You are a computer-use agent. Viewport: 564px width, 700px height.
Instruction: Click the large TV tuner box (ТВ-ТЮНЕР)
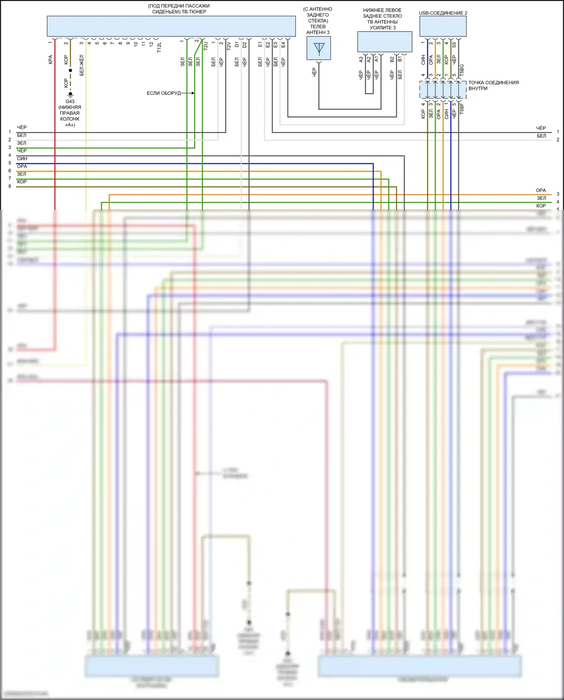[171, 26]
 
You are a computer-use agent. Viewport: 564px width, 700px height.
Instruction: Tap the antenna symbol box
[318, 48]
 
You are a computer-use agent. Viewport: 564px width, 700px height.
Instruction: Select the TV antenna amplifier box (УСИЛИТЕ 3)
[384, 41]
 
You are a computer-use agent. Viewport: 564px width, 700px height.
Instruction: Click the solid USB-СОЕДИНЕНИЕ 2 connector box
[443, 26]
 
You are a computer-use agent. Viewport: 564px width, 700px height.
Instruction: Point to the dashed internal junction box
[443, 90]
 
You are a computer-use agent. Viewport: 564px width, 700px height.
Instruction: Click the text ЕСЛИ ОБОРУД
[164, 93]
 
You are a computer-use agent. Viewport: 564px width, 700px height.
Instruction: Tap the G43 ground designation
[70, 102]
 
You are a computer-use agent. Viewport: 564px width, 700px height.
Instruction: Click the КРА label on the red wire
[50, 60]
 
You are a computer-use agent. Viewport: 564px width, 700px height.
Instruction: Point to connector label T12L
[159, 47]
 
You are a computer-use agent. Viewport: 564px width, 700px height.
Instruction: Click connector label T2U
[206, 46]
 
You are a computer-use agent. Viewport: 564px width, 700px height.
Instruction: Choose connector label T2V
[229, 46]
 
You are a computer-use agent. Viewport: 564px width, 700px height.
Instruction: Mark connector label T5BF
[462, 108]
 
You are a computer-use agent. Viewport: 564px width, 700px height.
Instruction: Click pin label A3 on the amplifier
[361, 59]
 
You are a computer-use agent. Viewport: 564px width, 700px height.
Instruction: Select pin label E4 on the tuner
[283, 44]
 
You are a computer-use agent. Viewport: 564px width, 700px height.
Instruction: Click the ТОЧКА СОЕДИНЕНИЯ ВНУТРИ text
[493, 85]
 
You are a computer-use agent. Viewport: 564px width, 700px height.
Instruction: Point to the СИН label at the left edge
[22, 159]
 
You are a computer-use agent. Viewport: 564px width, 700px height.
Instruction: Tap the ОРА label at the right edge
[541, 190]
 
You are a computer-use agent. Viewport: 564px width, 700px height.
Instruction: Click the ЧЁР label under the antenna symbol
[314, 73]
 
